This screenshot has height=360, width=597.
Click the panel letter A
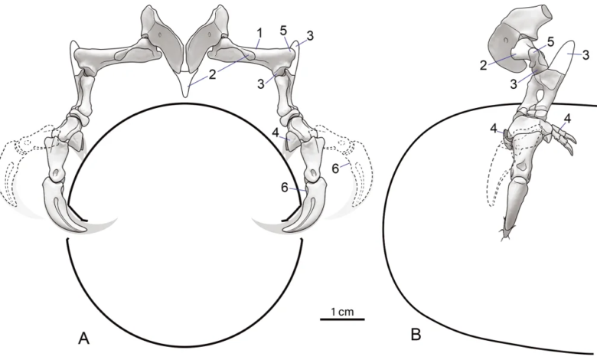point(83,338)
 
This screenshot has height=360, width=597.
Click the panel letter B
point(416,335)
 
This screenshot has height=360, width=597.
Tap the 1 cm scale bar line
point(342,319)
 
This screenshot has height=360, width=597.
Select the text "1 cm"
point(342,312)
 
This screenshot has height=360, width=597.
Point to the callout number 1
point(259,34)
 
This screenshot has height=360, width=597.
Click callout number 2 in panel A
point(212,74)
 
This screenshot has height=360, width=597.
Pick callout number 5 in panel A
point(284,31)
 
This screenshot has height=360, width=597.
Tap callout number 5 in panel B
point(550,41)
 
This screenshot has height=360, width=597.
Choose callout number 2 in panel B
point(483,66)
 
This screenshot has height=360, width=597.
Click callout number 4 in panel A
point(276,133)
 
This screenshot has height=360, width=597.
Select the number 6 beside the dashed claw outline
point(335,169)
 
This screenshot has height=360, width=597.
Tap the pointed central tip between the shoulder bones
point(185,95)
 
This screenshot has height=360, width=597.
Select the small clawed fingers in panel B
point(562,136)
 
